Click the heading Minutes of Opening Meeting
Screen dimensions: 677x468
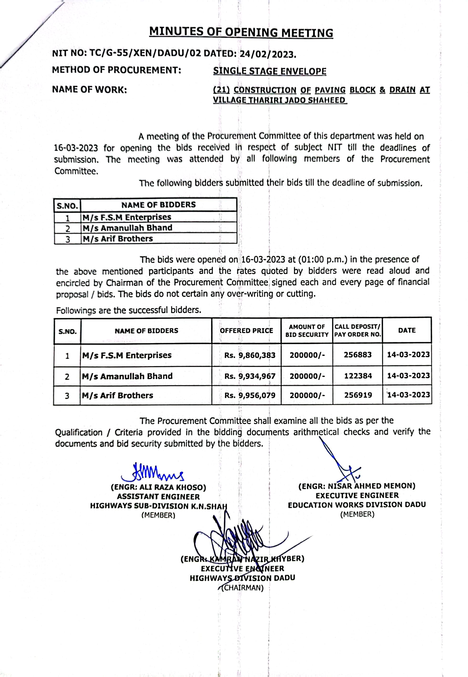pyautogui.click(x=241, y=32)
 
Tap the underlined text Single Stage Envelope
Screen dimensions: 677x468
pyautogui.click(x=270, y=71)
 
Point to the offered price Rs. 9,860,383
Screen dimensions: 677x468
pyautogui.click(x=249, y=355)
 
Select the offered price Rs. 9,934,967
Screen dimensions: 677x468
pyautogui.click(x=249, y=376)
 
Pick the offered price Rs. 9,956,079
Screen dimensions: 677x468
pyautogui.click(x=249, y=396)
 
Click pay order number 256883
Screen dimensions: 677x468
pyautogui.click(x=357, y=355)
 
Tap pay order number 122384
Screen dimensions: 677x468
pyautogui.click(x=358, y=376)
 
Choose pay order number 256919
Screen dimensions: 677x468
pyautogui.click(x=358, y=395)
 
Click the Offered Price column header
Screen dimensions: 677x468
pyautogui.click(x=246, y=331)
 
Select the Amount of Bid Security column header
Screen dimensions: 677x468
pyautogui.click(x=307, y=331)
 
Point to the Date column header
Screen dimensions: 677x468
pyautogui.click(x=407, y=330)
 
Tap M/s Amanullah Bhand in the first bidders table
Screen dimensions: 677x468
pyautogui.click(x=127, y=228)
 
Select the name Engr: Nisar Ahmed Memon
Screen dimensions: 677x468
pyautogui.click(x=357, y=486)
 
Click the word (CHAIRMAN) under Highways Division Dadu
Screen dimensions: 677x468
pyautogui.click(x=243, y=588)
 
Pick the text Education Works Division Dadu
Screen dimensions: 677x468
pyautogui.click(x=356, y=505)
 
